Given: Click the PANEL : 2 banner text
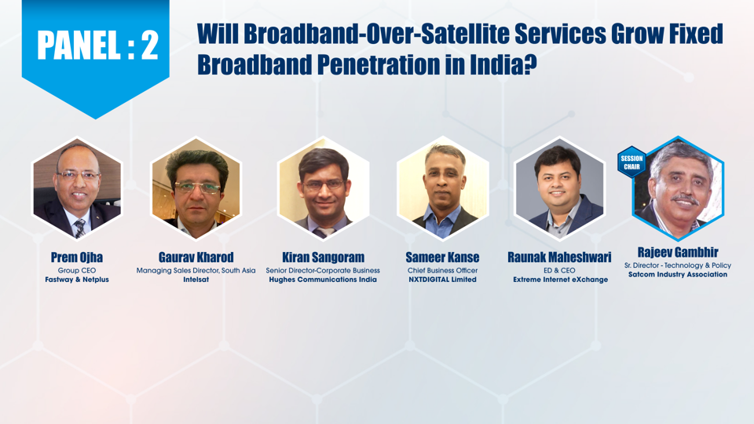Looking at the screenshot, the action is click(97, 46).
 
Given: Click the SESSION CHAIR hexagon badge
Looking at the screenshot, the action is click(631, 163).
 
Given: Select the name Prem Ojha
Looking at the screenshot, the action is click(77, 258).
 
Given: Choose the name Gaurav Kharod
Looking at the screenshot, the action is click(196, 258).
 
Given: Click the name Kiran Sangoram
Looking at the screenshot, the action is click(323, 258).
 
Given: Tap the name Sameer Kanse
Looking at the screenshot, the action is click(442, 258).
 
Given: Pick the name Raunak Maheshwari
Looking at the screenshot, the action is click(560, 258).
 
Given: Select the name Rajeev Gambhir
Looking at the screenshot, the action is click(678, 252).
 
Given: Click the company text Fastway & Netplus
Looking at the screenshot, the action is click(77, 280).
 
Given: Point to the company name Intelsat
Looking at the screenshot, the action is click(196, 280).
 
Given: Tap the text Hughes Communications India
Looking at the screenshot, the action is click(323, 280).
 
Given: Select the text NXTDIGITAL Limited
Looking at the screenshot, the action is click(442, 280).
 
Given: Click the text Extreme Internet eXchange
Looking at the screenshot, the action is click(560, 280).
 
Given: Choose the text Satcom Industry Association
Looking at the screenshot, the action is click(678, 275).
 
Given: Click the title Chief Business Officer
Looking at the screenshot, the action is click(442, 270).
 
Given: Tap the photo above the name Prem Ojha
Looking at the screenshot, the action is click(77, 188).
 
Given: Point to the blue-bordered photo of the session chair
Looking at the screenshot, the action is click(678, 188).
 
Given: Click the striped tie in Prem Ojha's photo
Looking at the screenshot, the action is click(80, 228).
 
